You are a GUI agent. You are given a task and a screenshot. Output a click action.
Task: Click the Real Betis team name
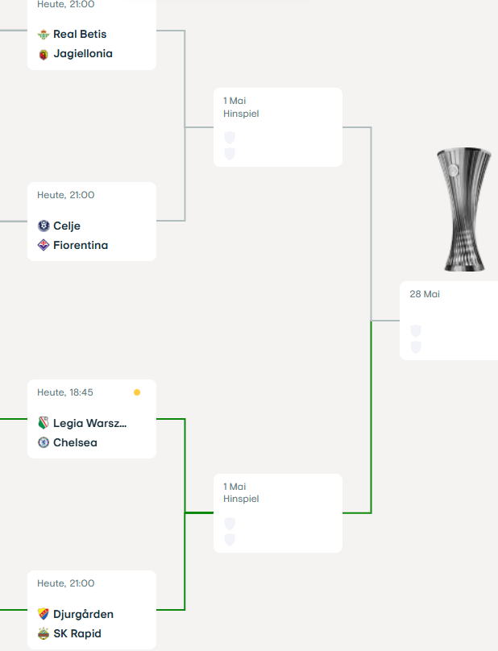pos(80,34)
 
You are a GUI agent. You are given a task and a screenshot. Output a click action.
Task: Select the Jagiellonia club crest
pos(44,55)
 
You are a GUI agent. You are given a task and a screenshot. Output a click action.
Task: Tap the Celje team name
pos(67,226)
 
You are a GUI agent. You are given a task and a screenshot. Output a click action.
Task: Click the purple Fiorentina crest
pos(44,245)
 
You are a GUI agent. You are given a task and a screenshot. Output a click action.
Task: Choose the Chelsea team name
pos(75,442)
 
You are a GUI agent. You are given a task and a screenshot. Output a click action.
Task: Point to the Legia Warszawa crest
pos(44,423)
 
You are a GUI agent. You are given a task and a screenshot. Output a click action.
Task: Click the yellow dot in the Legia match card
pos(137,392)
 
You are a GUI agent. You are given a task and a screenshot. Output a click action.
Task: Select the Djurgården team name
pos(83,614)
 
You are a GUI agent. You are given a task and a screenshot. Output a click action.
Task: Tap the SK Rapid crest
pos(44,633)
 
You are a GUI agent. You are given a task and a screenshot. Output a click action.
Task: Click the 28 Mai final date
pos(425,294)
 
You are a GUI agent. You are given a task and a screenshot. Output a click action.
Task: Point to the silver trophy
pos(464,209)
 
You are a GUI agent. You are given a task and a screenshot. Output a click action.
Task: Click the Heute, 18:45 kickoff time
pos(65,392)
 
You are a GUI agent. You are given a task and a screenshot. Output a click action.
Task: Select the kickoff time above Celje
pos(65,195)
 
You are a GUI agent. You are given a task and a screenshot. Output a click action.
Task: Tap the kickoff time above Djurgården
pos(65,583)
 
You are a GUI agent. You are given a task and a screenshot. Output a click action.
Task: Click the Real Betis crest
pos(44,35)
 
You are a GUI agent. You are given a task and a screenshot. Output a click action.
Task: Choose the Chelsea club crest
pos(44,442)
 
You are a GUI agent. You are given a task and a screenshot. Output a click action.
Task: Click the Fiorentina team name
pos(81,245)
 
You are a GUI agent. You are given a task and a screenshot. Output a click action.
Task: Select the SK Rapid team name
pos(77,633)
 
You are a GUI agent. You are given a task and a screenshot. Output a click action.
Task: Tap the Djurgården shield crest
pos(44,614)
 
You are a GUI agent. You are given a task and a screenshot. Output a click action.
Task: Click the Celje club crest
pos(44,226)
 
